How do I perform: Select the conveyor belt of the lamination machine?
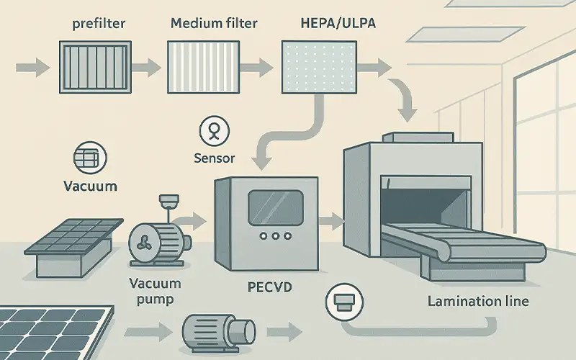461,242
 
